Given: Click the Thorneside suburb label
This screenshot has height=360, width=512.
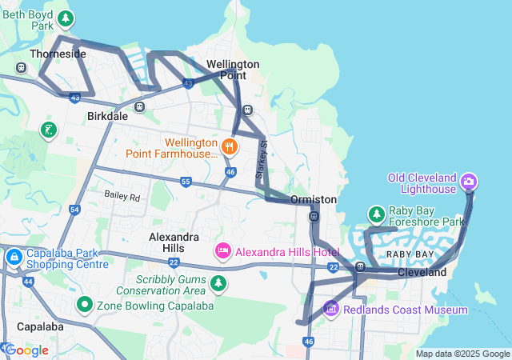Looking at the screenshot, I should [x=57, y=54].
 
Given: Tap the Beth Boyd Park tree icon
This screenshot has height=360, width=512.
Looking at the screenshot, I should [x=66, y=18].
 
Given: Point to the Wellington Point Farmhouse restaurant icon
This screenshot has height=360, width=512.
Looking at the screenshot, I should [x=229, y=146].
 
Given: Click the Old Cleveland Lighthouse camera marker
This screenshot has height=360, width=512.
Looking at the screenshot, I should [x=469, y=182].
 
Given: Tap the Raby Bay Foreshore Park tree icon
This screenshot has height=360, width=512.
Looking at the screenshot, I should [x=376, y=214].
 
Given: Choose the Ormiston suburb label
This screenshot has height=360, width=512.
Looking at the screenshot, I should [x=314, y=198].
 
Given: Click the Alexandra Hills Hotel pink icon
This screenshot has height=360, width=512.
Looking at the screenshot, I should [x=222, y=251].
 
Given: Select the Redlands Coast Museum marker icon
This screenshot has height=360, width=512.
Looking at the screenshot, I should [x=330, y=309].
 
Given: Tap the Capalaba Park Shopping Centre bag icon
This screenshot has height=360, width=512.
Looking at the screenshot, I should [x=14, y=258].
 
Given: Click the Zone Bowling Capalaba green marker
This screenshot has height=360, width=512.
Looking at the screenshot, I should [x=84, y=305].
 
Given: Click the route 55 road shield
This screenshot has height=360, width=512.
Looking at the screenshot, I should [x=186, y=182].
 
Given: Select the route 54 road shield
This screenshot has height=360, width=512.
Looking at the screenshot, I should [x=74, y=210].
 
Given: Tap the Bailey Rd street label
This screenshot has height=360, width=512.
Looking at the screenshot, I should [x=122, y=196].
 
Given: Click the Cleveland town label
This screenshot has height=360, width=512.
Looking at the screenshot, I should [x=422, y=273].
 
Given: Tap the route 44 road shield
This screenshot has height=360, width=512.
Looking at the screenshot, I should [x=28, y=282].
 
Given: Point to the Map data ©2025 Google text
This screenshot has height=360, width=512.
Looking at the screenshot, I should [x=462, y=354].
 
